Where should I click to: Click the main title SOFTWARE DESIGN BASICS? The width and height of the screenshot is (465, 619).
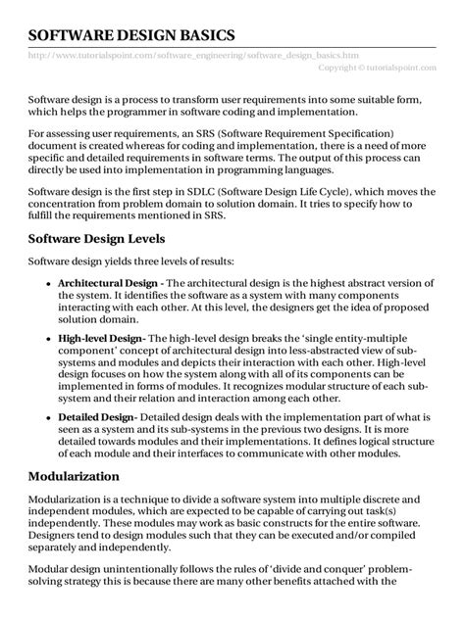(131, 35)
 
